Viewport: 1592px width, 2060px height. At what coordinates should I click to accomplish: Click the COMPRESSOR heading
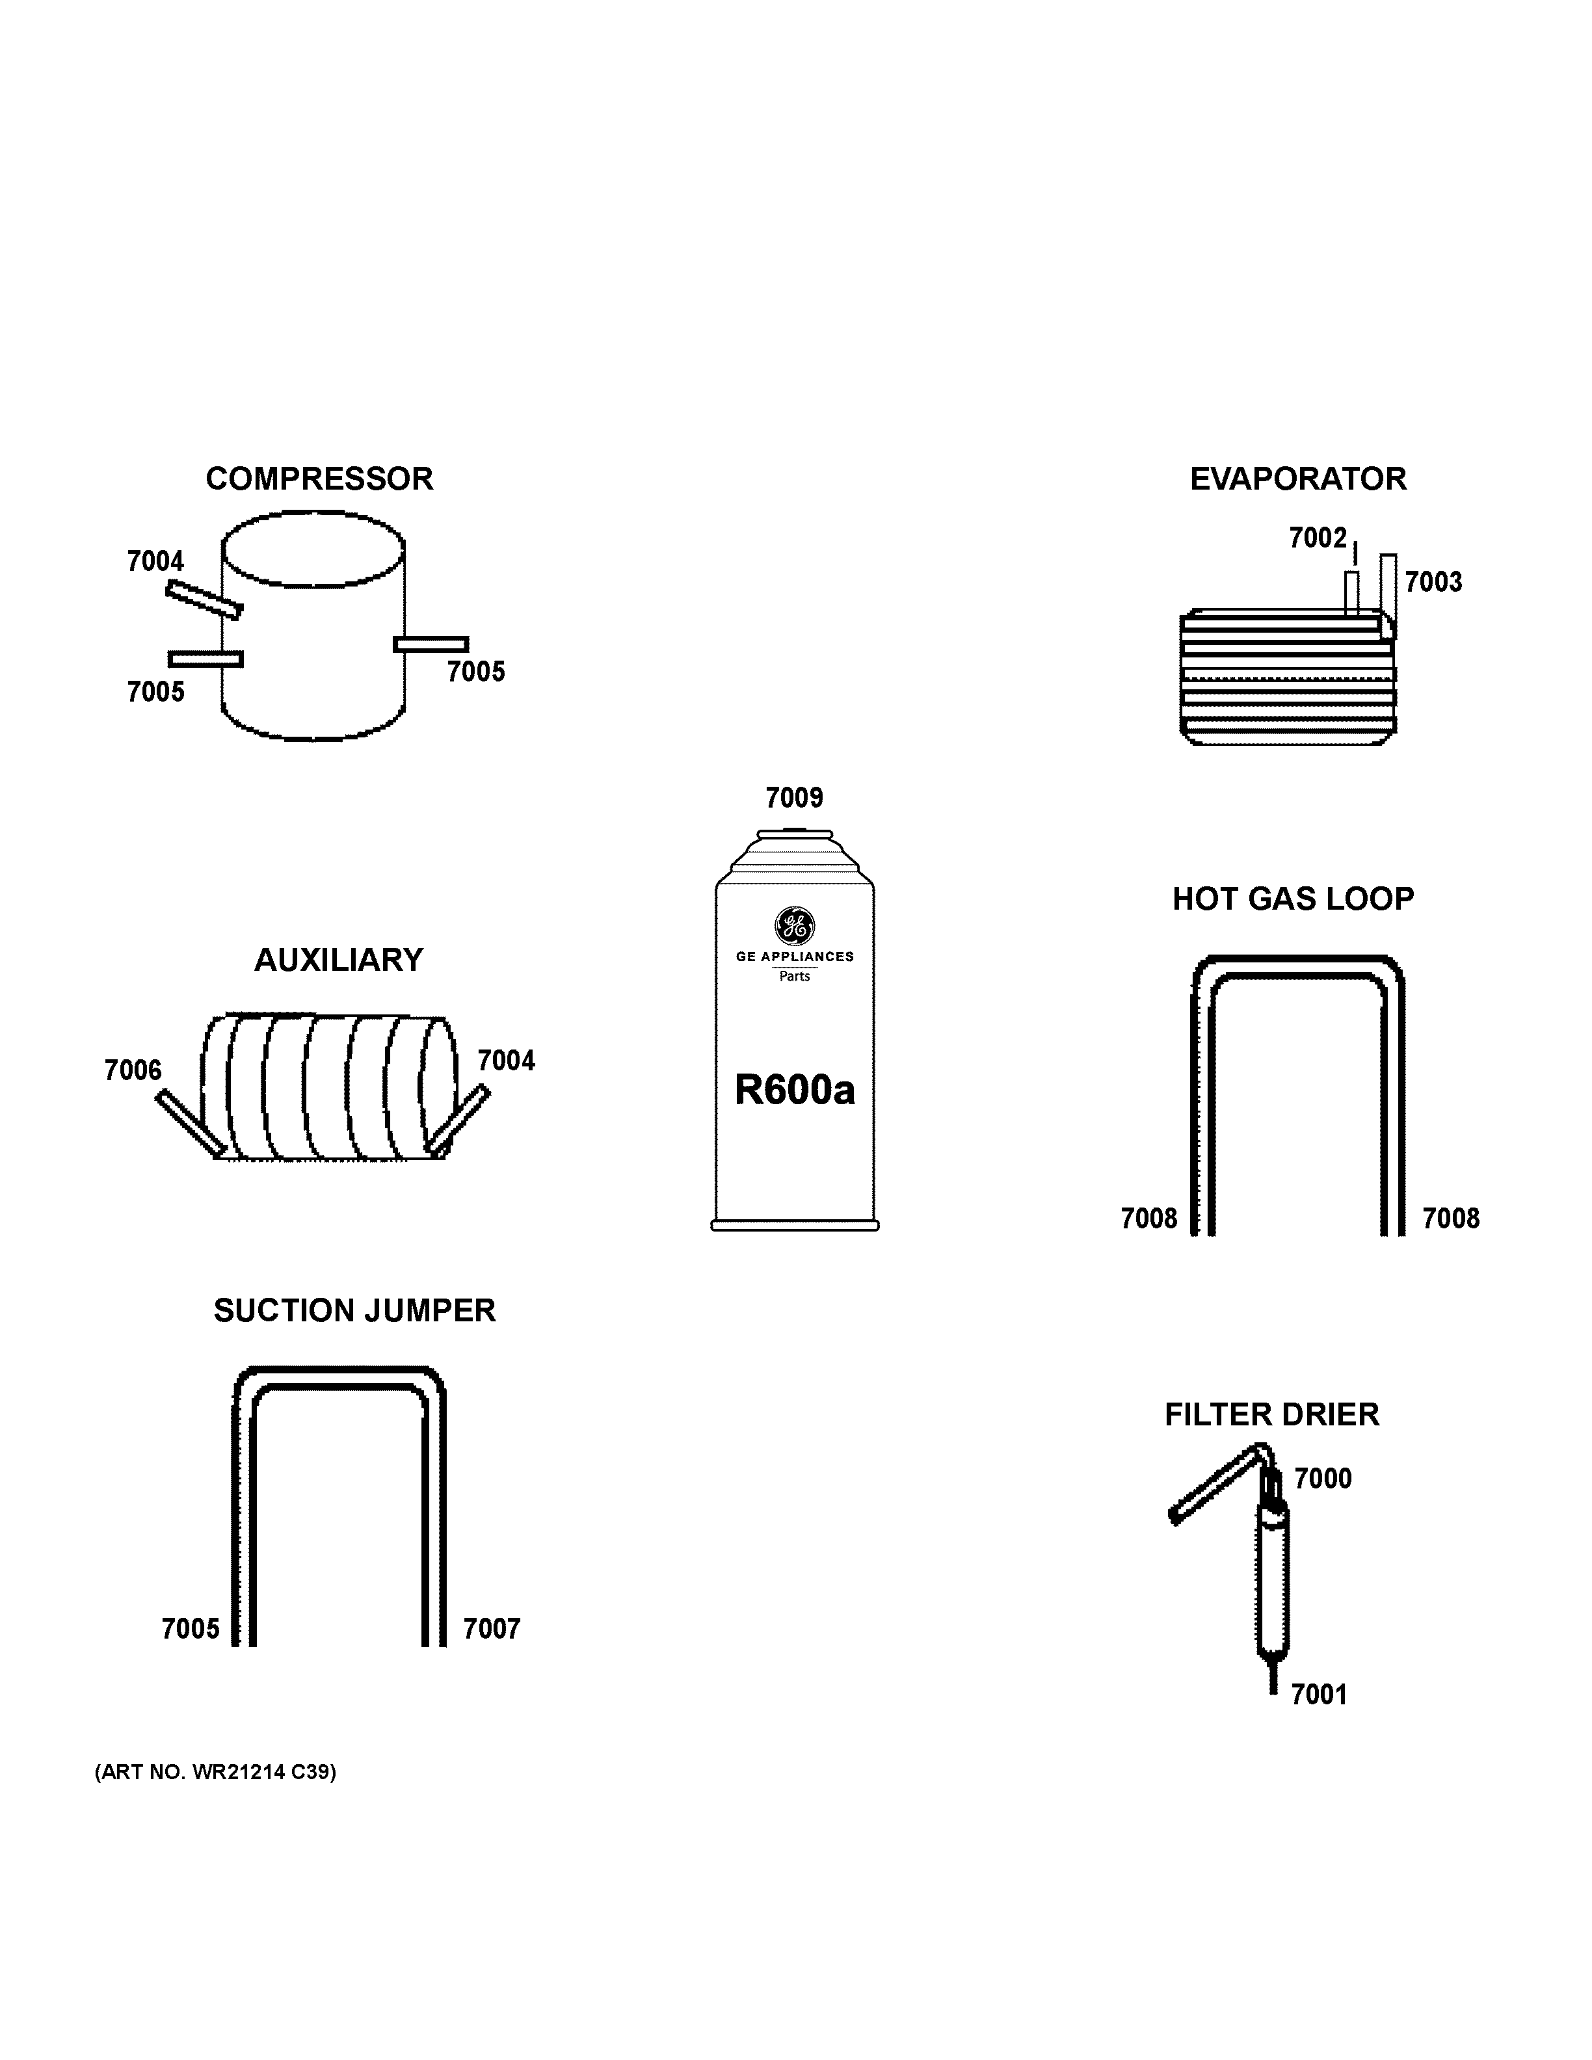pos(319,479)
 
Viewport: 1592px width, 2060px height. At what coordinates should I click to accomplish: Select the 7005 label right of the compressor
pos(475,672)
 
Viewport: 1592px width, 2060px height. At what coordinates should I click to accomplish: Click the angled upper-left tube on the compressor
pos(204,599)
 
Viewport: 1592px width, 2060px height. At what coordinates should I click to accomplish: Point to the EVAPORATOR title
pos(1298,479)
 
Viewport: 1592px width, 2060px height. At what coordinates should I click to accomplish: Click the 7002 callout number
pos(1318,538)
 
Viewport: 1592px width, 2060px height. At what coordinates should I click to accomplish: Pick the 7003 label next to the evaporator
pos(1433,582)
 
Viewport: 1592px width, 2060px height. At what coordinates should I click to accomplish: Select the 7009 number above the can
pos(794,798)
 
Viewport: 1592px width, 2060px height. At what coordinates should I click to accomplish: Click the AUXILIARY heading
pos(339,960)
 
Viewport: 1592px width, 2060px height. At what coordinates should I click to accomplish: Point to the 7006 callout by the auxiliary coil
pos(133,1070)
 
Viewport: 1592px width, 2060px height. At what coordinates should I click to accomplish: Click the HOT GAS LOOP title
pos(1293,899)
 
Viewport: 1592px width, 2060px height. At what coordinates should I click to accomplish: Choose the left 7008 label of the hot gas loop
pos(1148,1219)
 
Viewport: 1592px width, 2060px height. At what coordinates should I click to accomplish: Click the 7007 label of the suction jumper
pos(492,1629)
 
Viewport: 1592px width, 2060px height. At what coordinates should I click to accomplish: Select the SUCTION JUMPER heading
pos(354,1311)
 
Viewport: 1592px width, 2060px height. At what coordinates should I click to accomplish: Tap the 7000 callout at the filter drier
pos(1322,1479)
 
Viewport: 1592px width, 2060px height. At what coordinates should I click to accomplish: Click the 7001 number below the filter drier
pos(1318,1695)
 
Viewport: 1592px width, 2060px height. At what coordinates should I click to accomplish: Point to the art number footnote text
pos(215,1773)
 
